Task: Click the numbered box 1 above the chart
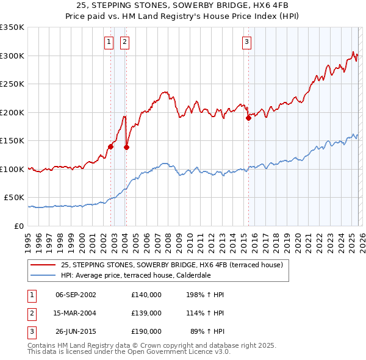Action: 108,42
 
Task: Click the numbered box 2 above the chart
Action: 124,42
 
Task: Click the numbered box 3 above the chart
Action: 246,42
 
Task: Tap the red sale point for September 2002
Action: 110,146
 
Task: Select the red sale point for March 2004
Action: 126,146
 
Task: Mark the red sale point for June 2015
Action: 248,118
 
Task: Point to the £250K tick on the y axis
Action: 12,84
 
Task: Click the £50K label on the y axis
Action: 14,198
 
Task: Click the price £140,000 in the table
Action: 146,295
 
